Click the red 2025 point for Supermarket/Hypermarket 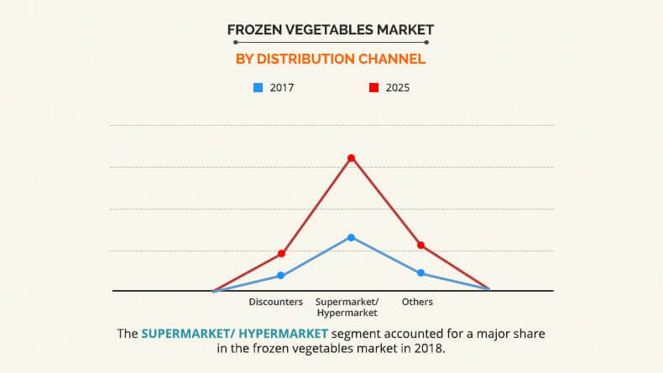tap(351, 158)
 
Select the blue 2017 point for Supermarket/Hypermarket tap(351, 237)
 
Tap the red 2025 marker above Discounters tap(282, 253)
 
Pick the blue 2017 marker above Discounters tap(281, 276)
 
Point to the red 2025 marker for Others tap(420, 245)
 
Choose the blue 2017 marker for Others tap(420, 273)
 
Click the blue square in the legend tap(258, 87)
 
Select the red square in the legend tap(373, 87)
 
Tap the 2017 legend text tap(282, 88)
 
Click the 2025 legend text tap(398, 88)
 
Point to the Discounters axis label tap(275, 302)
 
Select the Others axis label tap(417, 302)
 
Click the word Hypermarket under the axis tap(347, 313)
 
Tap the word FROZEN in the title tap(254, 29)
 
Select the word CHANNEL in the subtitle tap(392, 59)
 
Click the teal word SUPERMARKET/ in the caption tap(188, 334)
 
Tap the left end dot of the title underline tap(236, 42)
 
